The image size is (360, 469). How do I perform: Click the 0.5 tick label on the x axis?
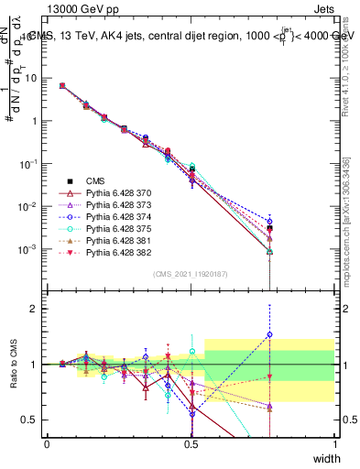[x=191, y=444]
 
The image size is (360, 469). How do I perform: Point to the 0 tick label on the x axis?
[x=48, y=444]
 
